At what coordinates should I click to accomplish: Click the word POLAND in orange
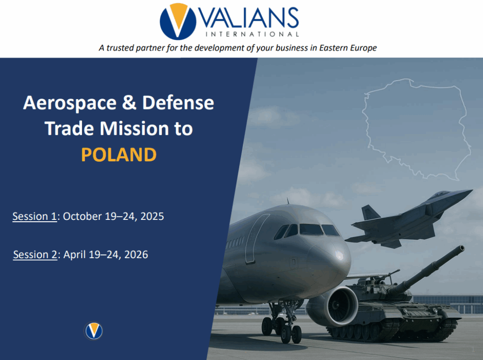[x=118, y=154]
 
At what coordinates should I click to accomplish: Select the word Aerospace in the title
[x=70, y=103]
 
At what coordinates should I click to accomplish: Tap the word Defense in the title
[x=178, y=102]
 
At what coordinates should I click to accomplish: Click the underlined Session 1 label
[x=34, y=217]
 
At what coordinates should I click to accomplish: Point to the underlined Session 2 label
[x=35, y=255]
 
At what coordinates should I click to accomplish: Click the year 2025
[x=152, y=217]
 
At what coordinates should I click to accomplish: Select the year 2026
[x=136, y=255]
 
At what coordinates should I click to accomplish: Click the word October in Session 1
[x=82, y=217]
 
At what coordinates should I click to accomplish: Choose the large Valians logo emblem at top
[x=178, y=21]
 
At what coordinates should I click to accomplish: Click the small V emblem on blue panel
[x=93, y=331]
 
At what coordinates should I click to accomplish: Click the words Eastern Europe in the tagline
[x=348, y=48]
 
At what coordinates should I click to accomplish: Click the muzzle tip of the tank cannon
[x=462, y=248]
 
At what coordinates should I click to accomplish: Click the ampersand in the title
[x=129, y=102]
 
